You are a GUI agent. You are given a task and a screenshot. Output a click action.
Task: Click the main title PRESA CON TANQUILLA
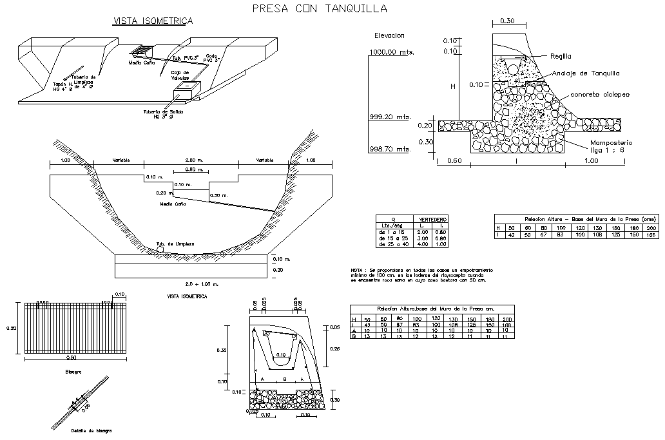point(320,8)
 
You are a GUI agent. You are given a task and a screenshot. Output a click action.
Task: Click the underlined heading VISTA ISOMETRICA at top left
point(153,21)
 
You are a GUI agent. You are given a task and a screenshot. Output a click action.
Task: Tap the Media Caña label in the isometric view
point(140,63)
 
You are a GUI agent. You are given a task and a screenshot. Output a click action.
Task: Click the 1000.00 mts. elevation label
point(391,52)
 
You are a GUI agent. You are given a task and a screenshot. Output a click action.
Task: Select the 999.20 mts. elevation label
point(390,117)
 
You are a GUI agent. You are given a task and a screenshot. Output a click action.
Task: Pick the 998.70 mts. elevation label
point(390,149)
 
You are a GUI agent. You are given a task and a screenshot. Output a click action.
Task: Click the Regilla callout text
point(561,57)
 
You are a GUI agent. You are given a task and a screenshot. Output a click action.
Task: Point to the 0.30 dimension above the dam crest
point(507,21)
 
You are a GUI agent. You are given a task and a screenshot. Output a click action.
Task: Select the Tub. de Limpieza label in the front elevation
point(175,244)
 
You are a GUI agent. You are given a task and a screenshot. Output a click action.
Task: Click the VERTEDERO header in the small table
point(433,220)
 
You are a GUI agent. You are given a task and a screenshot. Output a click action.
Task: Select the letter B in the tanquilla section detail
point(284,380)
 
